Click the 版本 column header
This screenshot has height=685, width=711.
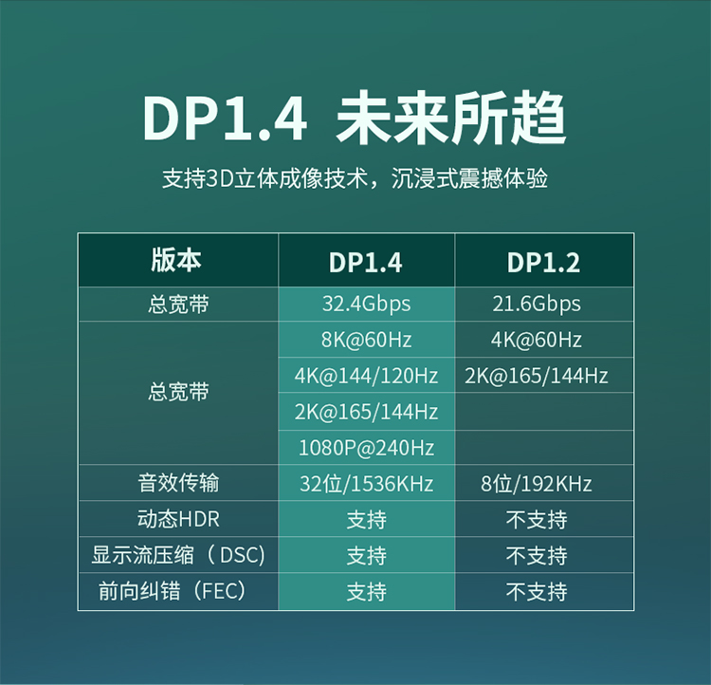click(x=176, y=260)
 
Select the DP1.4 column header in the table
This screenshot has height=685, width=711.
click(x=366, y=263)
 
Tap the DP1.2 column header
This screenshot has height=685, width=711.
click(x=543, y=263)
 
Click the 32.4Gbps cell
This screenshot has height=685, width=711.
click(x=366, y=304)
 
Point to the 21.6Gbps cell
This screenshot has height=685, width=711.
click(x=537, y=304)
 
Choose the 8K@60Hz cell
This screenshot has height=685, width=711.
click(x=366, y=340)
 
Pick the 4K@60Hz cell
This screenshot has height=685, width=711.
click(x=537, y=340)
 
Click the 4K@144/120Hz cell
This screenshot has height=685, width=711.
click(x=366, y=376)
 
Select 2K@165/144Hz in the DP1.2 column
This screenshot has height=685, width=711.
click(x=537, y=376)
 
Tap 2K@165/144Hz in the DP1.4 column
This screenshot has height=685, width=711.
click(x=366, y=412)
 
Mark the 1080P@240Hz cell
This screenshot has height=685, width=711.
click(x=366, y=448)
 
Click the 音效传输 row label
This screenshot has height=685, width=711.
click(x=178, y=483)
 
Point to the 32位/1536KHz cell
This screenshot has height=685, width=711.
click(x=366, y=484)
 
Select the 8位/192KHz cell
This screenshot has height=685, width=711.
click(x=537, y=484)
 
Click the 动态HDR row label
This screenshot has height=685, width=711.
click(x=178, y=519)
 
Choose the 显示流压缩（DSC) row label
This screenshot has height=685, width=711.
click(x=178, y=555)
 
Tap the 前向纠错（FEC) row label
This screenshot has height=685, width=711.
click(x=173, y=591)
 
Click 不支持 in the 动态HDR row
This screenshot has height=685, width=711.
click(x=537, y=519)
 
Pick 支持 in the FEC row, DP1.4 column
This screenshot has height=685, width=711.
click(x=366, y=591)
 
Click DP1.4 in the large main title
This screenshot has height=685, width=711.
click(x=226, y=119)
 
